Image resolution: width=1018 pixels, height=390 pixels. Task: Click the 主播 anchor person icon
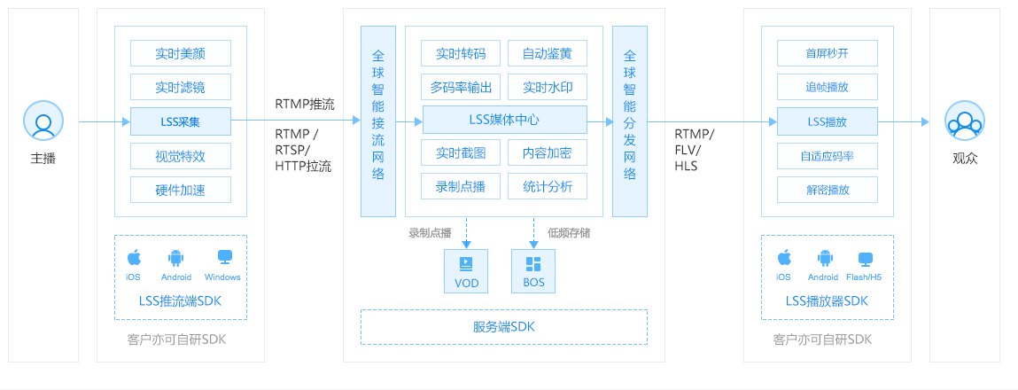[x=43, y=121]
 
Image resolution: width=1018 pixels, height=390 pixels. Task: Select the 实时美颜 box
[x=181, y=53]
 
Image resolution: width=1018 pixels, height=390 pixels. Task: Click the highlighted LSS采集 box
[x=181, y=121]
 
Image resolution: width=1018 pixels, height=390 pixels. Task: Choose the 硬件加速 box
[x=181, y=190]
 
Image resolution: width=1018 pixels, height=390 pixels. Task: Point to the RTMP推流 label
[x=305, y=105]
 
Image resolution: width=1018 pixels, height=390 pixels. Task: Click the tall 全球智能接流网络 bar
[x=377, y=121]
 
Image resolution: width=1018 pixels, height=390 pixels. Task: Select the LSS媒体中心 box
[x=504, y=120]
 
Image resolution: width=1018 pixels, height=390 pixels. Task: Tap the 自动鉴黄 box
[x=548, y=53]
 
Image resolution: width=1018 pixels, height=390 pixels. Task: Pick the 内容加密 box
[x=548, y=152]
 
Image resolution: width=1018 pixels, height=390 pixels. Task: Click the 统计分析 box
[x=548, y=186]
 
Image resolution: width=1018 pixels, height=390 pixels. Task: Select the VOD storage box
[x=466, y=270]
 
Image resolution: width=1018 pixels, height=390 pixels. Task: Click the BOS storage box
[x=533, y=270]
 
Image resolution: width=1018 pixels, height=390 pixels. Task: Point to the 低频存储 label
[x=569, y=233]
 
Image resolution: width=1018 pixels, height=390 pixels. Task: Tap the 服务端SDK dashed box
[x=504, y=327]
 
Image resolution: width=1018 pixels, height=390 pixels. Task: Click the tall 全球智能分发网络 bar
[x=630, y=121]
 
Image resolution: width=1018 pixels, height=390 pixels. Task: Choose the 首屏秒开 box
[x=828, y=53]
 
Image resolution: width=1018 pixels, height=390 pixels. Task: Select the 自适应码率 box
[x=828, y=156]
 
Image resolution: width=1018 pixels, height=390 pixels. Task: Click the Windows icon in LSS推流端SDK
[x=224, y=258]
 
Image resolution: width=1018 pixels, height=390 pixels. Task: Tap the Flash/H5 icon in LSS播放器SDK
[x=865, y=259]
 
